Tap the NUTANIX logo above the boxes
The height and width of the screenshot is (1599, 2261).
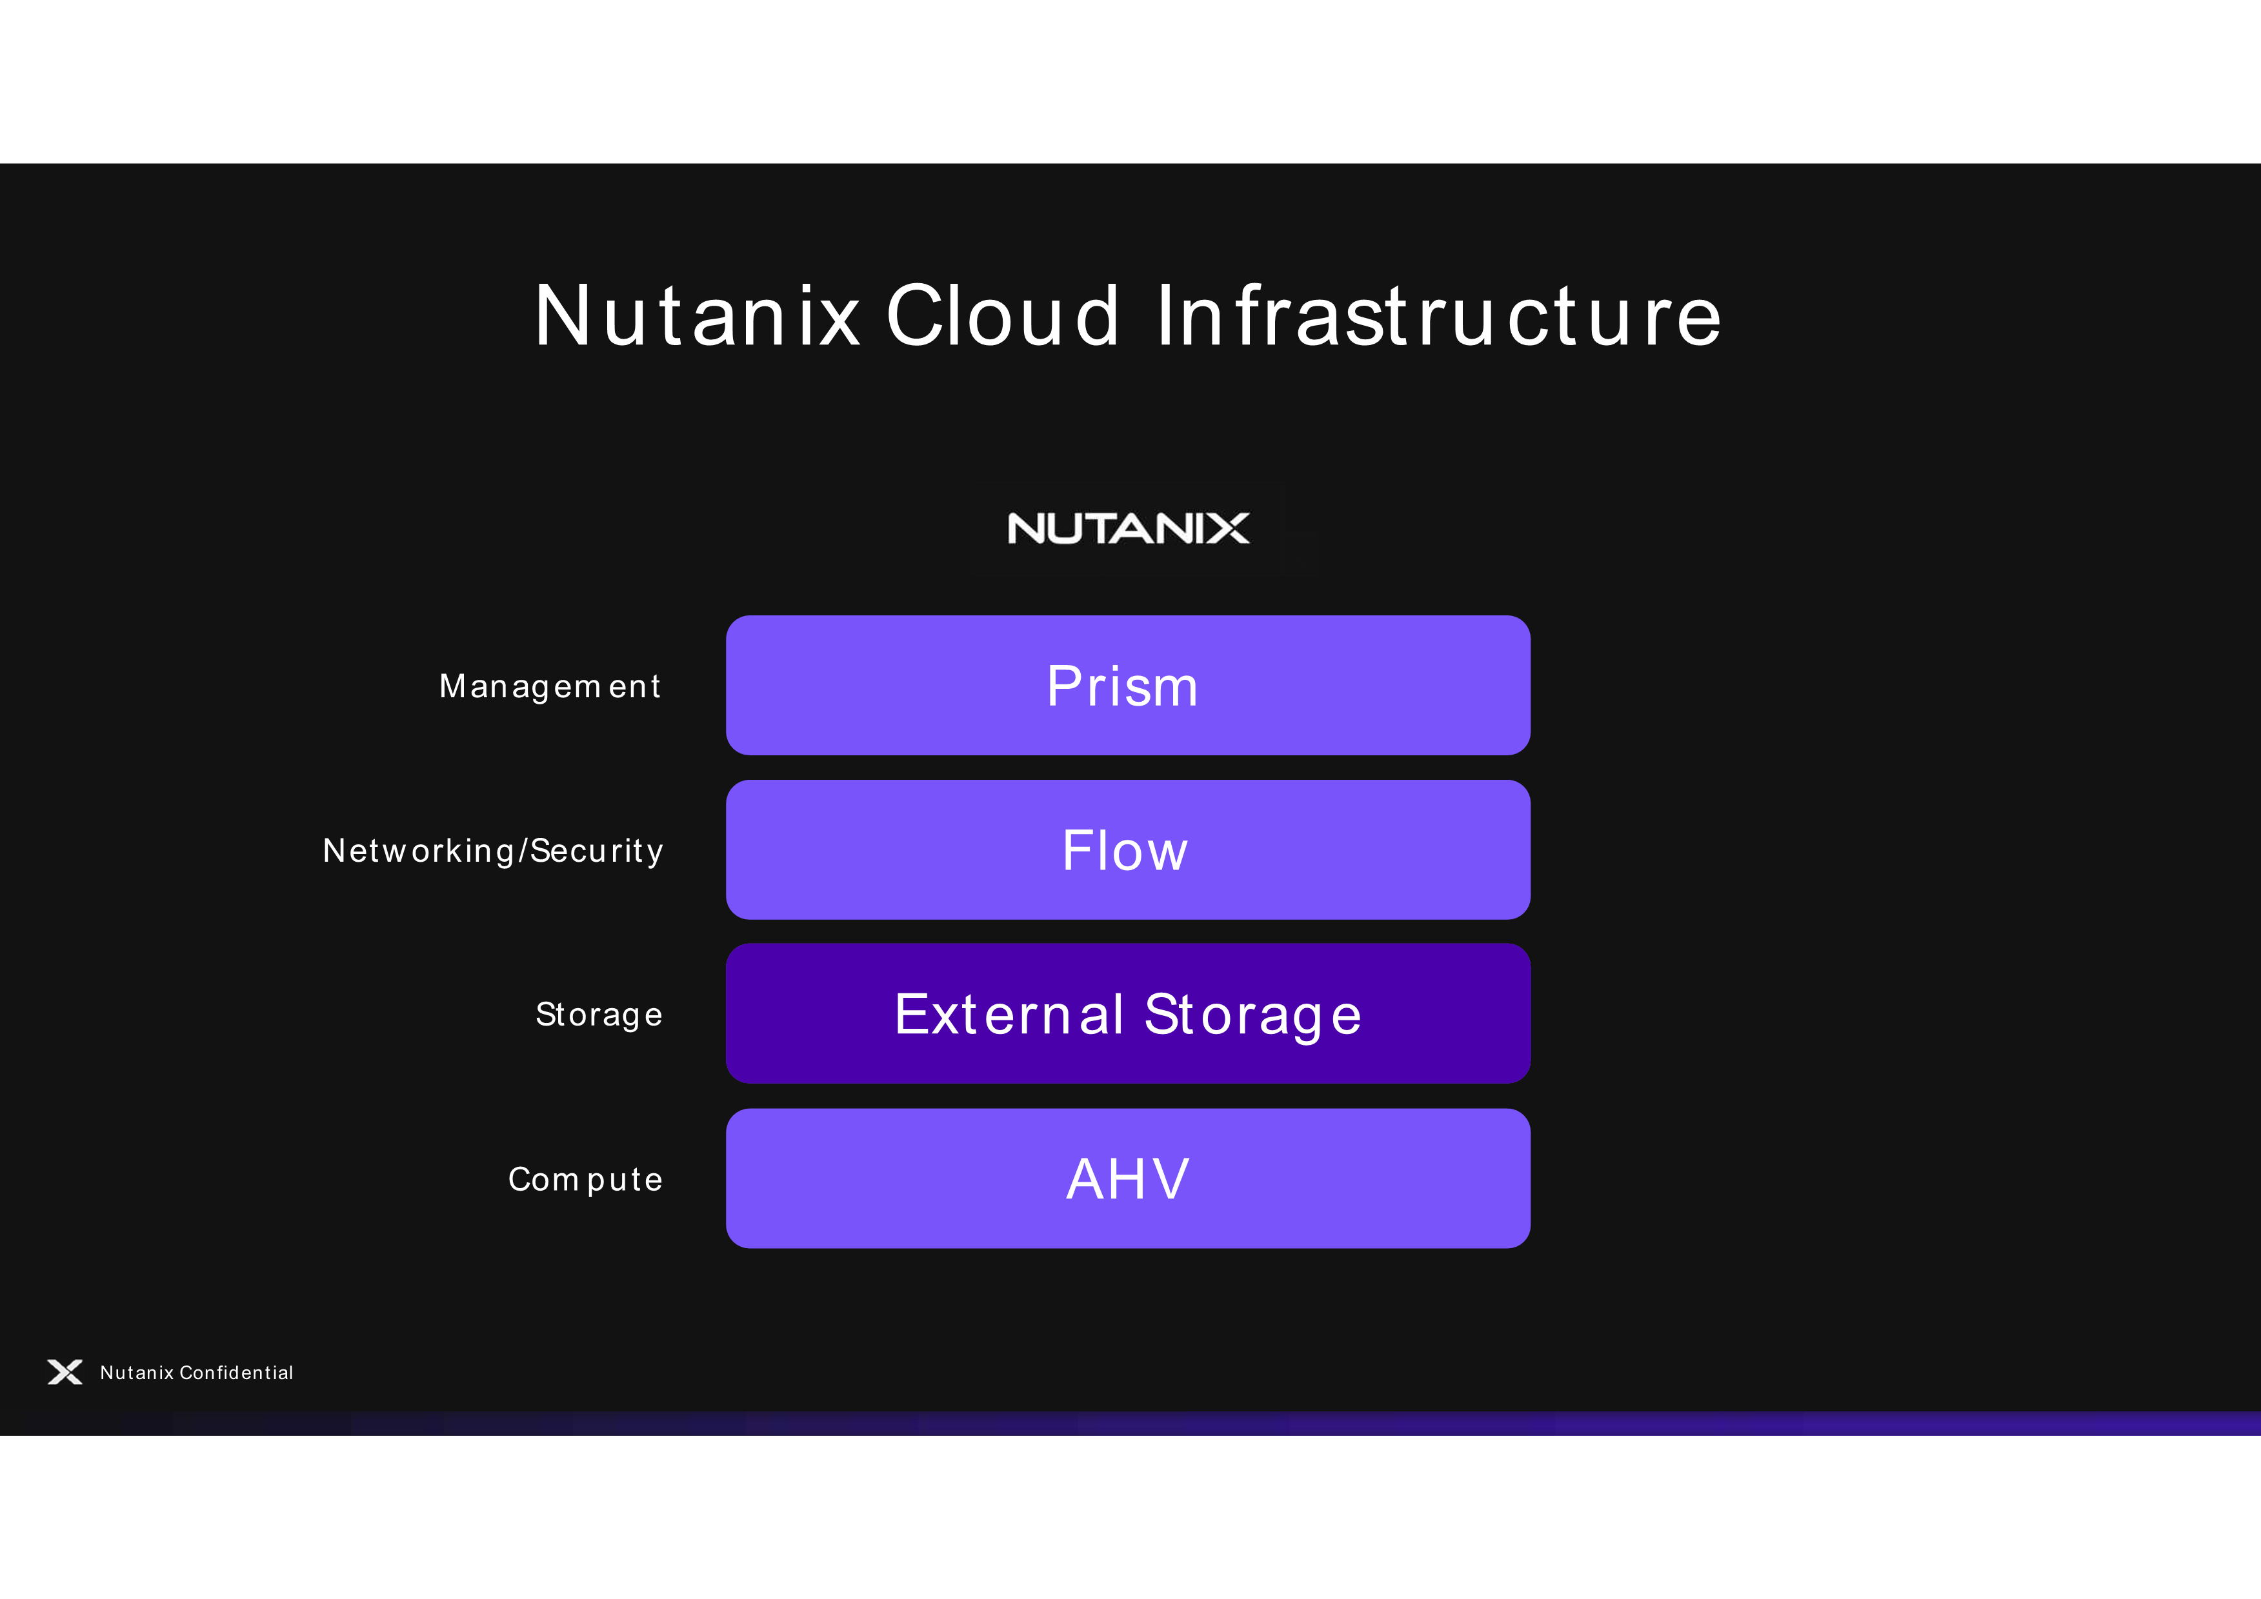click(x=1129, y=529)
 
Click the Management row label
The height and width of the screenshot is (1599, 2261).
click(x=550, y=687)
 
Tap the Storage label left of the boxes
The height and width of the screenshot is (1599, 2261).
click(x=599, y=1015)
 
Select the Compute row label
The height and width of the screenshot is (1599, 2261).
click(x=585, y=1180)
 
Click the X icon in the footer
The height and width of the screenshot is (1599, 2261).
click(x=65, y=1373)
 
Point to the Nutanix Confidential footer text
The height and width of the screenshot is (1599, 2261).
click(x=197, y=1373)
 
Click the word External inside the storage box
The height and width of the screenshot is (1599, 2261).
click(x=1009, y=1014)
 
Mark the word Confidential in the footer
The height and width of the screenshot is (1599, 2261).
click(x=236, y=1373)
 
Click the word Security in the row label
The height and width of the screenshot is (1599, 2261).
click(x=597, y=851)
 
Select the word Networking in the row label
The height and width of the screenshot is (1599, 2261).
click(x=419, y=851)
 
